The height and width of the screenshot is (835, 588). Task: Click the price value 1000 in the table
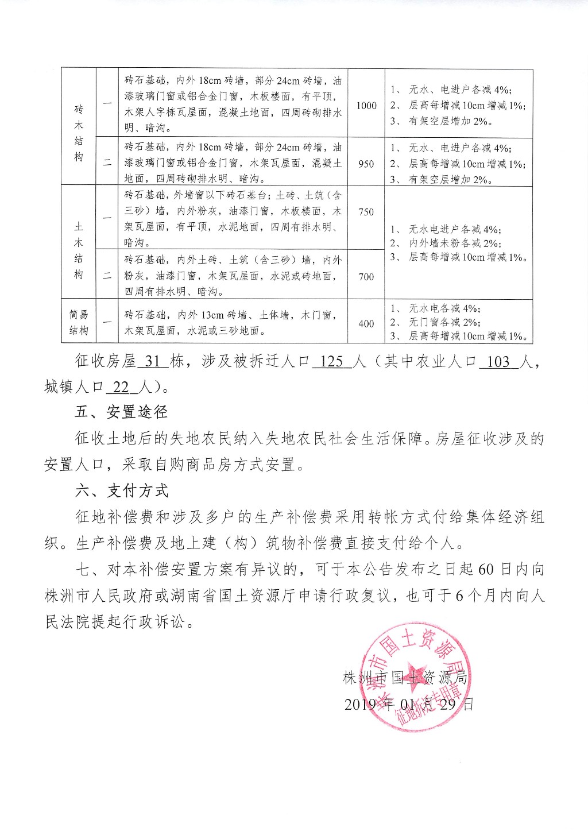point(366,106)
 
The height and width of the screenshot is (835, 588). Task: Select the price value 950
point(366,164)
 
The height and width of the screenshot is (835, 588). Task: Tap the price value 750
point(366,212)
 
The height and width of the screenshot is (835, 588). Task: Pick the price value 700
point(366,277)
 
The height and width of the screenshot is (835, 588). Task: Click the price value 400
point(366,324)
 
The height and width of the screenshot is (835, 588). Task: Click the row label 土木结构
point(79,250)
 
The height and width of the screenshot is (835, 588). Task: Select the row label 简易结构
point(79,323)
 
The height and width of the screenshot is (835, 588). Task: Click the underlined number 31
point(153,361)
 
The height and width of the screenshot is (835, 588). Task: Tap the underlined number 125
point(331,361)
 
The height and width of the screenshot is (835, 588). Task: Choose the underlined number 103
point(498,361)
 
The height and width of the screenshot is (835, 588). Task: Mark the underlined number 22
point(121,387)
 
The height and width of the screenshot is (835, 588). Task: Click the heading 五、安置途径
point(121,412)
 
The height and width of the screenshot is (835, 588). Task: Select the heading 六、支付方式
point(121,491)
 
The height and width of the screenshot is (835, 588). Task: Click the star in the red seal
point(415,677)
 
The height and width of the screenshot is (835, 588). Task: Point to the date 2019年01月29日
point(409,704)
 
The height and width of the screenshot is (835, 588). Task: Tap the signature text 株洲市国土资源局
point(405,678)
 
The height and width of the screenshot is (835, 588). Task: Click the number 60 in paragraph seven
point(486,569)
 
